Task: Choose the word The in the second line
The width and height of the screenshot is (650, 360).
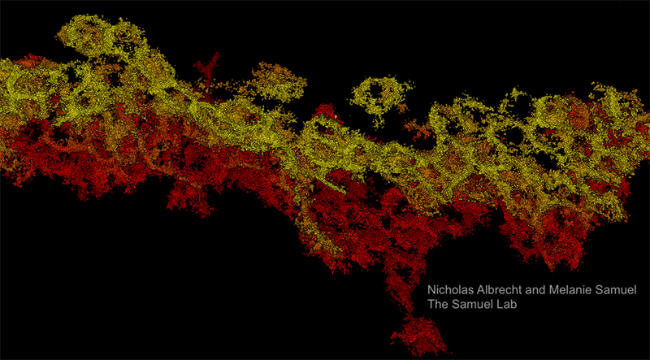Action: point(440,306)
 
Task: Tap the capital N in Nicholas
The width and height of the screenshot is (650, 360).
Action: point(432,291)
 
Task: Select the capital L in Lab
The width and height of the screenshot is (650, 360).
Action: point(505,306)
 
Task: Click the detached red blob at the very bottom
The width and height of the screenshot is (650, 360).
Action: point(418,334)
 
